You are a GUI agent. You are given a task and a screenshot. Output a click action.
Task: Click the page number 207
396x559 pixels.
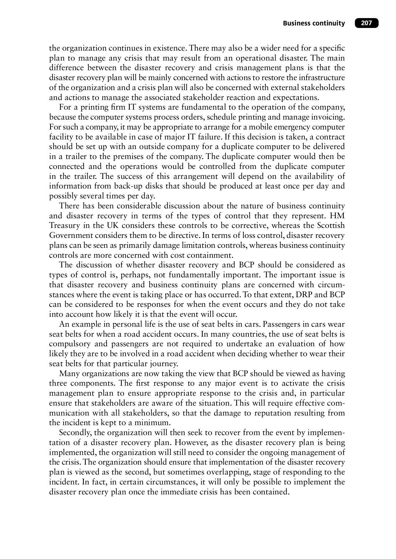coord(366,23)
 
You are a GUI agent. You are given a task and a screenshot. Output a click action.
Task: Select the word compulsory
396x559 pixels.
coord(70,344)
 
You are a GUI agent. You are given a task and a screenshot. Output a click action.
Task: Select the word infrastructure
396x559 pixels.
coord(322,78)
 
